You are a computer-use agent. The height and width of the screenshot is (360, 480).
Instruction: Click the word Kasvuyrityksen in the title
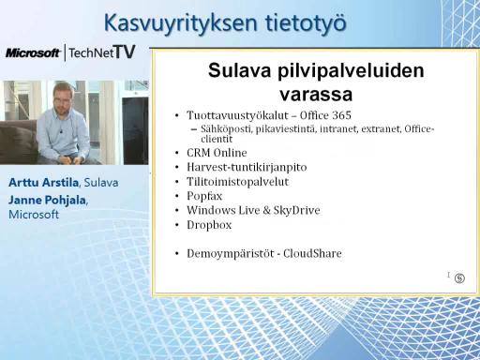click(181, 23)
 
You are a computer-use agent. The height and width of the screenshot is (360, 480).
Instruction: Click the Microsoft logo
click(33, 52)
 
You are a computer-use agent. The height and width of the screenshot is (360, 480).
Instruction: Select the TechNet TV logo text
click(102, 52)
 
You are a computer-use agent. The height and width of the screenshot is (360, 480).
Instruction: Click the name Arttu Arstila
click(43, 183)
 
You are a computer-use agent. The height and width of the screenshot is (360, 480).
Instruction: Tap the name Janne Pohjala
click(47, 200)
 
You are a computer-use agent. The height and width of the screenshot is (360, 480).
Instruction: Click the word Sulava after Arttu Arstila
click(101, 183)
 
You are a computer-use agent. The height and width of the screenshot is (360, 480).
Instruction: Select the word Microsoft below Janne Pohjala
click(34, 215)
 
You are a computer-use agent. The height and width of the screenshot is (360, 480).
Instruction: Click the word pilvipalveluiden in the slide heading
click(351, 71)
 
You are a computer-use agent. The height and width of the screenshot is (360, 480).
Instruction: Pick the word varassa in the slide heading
click(316, 94)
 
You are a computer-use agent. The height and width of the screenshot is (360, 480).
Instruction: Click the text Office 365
click(325, 115)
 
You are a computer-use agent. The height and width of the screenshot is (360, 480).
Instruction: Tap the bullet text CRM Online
click(217, 153)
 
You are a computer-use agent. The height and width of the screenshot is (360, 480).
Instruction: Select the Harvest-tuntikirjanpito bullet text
click(247, 167)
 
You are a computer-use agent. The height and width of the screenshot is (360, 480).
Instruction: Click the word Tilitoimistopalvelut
click(238, 182)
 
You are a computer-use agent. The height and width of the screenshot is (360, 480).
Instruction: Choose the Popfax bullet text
click(204, 196)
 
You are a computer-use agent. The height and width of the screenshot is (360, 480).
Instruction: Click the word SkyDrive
click(297, 210)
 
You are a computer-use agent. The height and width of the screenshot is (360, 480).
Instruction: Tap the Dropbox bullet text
click(209, 225)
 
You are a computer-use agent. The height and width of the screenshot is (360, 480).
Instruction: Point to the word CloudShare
click(312, 253)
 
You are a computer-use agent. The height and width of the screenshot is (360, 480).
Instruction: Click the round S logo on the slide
click(459, 277)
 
